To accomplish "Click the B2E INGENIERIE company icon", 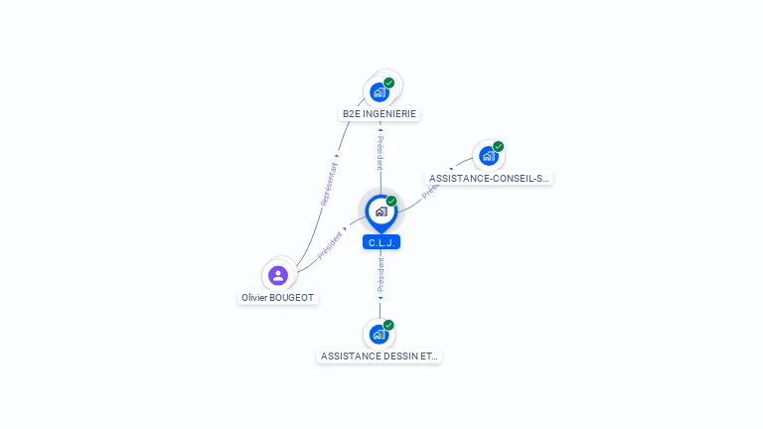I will (x=379, y=92).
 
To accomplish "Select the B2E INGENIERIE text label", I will (x=380, y=114).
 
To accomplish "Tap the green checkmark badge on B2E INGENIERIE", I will (x=389, y=82).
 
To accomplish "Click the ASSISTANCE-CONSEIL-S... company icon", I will (x=488, y=156).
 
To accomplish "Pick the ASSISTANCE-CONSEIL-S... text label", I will (x=489, y=179).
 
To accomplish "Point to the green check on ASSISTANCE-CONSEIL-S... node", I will (x=498, y=147).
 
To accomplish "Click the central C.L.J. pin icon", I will (x=381, y=211).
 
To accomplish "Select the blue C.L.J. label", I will (x=381, y=242).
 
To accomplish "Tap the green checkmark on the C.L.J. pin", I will (x=391, y=201).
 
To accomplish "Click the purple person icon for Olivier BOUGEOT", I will (x=278, y=275).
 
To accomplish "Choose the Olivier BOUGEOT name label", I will (x=279, y=298).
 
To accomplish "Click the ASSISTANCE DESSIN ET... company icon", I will (x=379, y=334).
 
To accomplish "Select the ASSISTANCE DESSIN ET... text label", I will (x=379, y=356).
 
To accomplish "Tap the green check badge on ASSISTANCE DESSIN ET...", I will (x=388, y=325).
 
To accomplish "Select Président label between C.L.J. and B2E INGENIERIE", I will (x=380, y=153).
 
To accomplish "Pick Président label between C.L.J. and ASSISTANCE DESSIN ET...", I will (x=380, y=274).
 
